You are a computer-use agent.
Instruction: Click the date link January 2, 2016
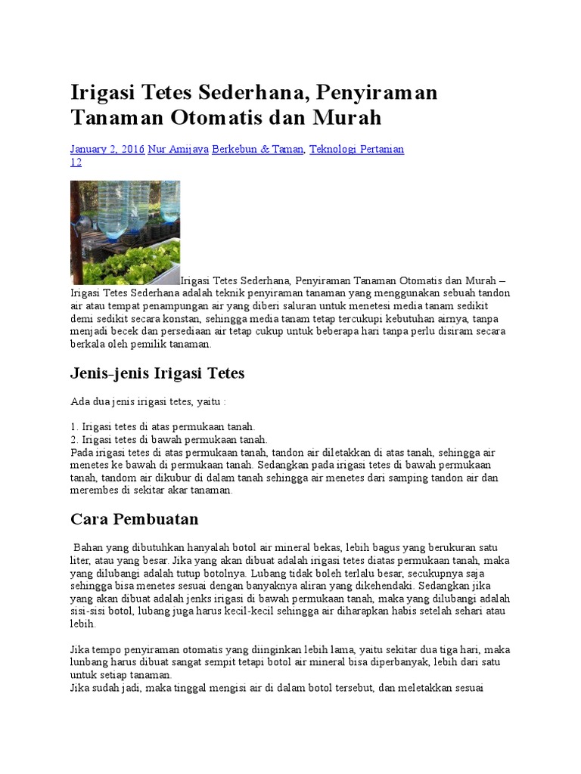tap(107, 150)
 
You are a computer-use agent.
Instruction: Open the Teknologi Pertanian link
tap(357, 150)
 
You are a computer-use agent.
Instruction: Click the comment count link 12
tap(76, 163)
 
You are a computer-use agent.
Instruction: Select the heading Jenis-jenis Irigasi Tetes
tap(157, 373)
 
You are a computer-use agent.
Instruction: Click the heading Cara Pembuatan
tap(134, 519)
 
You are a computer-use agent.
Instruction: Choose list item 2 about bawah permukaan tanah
tap(169, 439)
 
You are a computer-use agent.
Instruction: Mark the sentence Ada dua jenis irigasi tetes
tap(148, 401)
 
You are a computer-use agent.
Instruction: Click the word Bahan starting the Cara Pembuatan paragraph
tap(88, 546)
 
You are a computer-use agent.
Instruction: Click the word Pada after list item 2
tap(82, 452)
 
